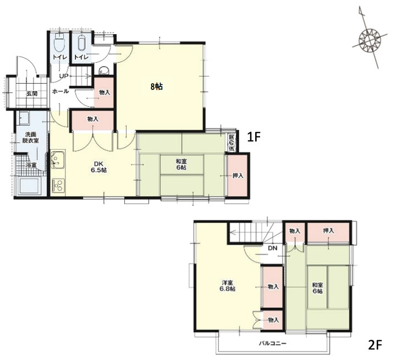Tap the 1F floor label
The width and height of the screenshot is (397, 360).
[253, 137]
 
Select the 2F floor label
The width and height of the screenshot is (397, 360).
[375, 345]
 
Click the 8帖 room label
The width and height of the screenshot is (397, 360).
[157, 87]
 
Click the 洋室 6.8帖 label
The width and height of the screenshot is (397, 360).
[228, 286]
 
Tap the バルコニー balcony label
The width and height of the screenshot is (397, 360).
[272, 343]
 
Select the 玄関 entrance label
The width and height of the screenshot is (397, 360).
[32, 93]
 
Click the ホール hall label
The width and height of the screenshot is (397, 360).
[60, 91]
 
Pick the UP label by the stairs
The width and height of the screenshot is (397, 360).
[64, 76]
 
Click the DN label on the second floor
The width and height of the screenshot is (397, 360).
[272, 248]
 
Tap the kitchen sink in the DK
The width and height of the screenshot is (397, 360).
[58, 160]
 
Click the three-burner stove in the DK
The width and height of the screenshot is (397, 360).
[58, 185]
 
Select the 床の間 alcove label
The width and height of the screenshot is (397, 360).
[231, 143]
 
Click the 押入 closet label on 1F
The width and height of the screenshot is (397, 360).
[238, 176]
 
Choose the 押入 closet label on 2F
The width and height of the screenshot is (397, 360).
[328, 231]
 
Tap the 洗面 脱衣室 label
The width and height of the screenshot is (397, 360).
[31, 137]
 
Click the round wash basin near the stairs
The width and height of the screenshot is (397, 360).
[104, 70]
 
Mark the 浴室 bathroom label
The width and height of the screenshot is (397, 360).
[31, 165]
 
